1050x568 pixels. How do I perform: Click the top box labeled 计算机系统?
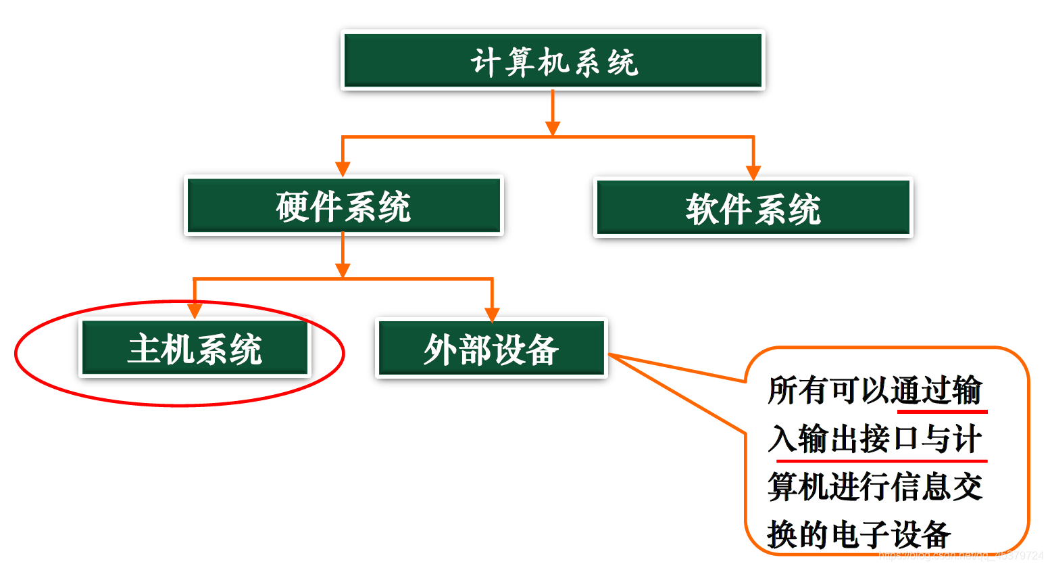pos(553,61)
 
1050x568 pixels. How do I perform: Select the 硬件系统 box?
pos(343,206)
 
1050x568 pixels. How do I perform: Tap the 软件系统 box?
pos(753,208)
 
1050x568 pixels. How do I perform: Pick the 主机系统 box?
pos(195,348)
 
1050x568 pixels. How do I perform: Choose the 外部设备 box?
pos(491,349)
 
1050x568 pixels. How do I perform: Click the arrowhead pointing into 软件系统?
pos(753,172)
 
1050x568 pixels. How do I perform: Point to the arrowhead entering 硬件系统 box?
pos(343,169)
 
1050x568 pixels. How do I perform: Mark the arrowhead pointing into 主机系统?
pos(195,310)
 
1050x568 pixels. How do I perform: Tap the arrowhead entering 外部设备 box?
pos(492,314)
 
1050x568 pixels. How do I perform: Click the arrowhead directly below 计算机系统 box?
pos(553,128)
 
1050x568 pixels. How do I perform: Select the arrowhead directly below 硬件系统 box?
pos(343,270)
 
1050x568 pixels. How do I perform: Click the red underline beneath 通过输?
pos(942,411)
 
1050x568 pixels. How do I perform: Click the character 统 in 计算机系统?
pos(622,63)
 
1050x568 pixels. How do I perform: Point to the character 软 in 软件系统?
pos(702,209)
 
